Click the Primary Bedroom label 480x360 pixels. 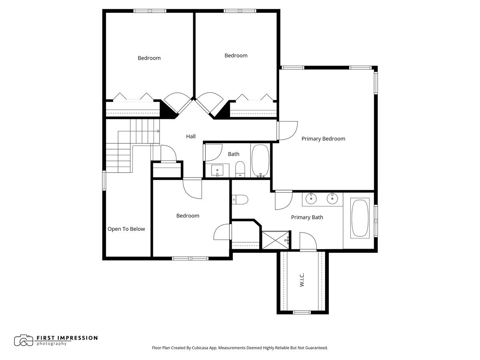[x=323, y=139]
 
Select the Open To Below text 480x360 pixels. [x=126, y=229]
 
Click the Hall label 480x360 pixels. [x=191, y=136]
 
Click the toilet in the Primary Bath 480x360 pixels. [x=240, y=198]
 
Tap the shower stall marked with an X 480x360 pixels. [x=274, y=240]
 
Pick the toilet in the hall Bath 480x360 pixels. [x=240, y=168]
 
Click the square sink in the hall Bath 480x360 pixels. [x=217, y=170]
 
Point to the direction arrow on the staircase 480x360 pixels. [x=158, y=131]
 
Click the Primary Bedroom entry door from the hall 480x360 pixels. [x=287, y=131]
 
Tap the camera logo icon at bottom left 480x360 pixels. [x=24, y=340]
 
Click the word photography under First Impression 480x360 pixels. [x=52, y=344]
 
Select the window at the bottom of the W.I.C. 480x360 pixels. [x=302, y=312]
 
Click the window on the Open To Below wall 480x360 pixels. [x=104, y=181]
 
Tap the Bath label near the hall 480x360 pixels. [x=234, y=154]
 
